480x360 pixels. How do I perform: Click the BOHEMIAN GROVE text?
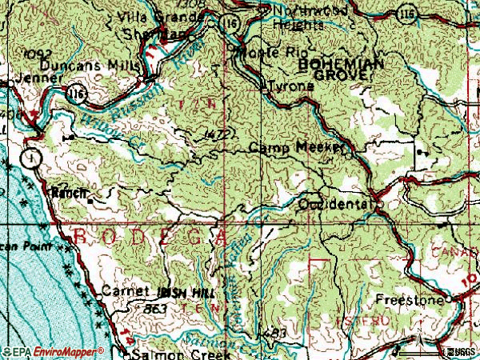tap(335, 67)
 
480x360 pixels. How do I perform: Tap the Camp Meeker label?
tap(297, 148)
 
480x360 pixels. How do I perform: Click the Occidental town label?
tap(335, 205)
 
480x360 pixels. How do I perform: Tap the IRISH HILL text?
tap(187, 294)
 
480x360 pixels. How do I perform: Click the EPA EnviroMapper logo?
tap(53, 351)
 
